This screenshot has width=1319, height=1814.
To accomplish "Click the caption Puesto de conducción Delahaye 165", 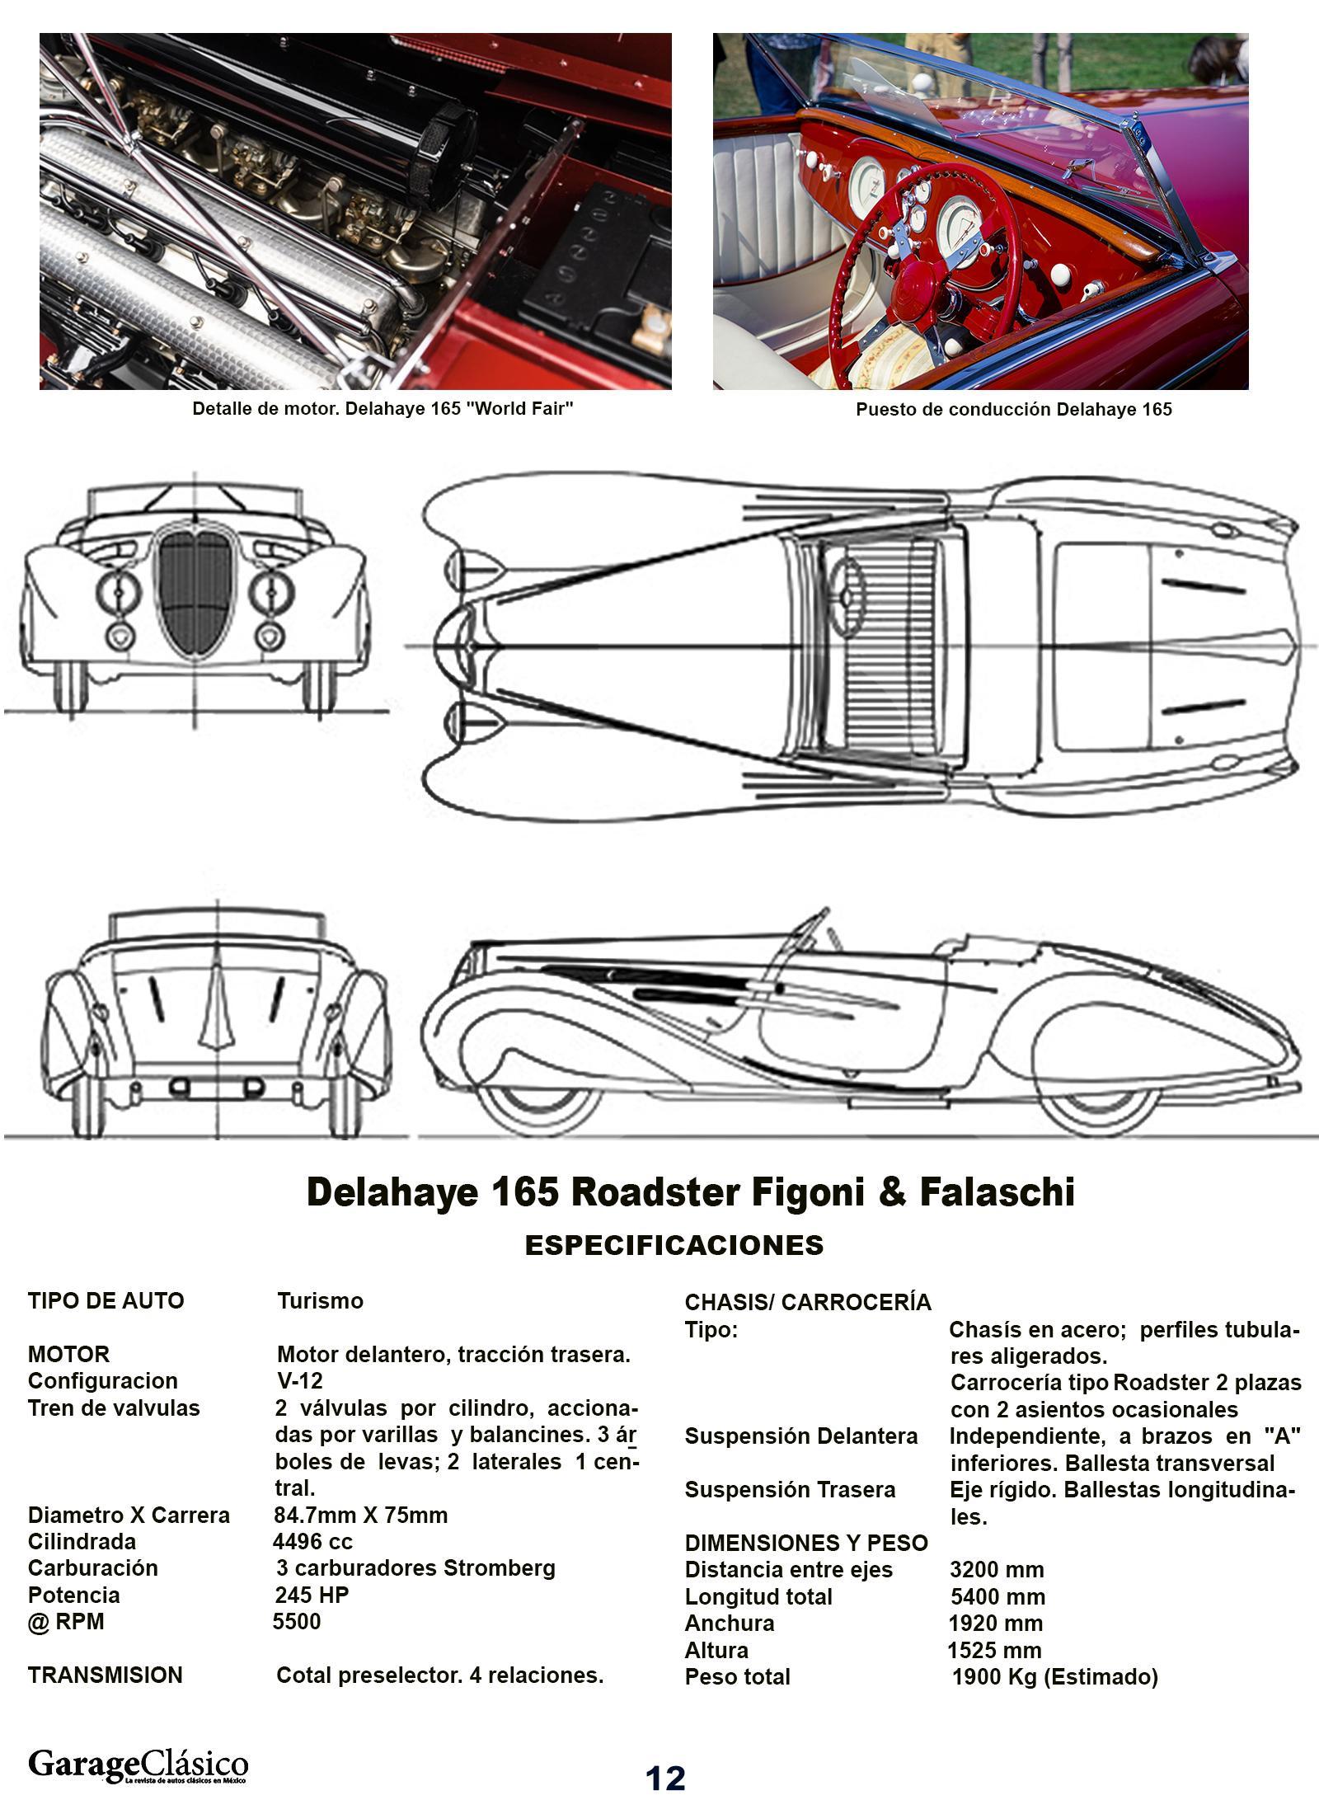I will click(x=1013, y=409).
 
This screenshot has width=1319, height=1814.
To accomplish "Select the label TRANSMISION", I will click(x=106, y=1675).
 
